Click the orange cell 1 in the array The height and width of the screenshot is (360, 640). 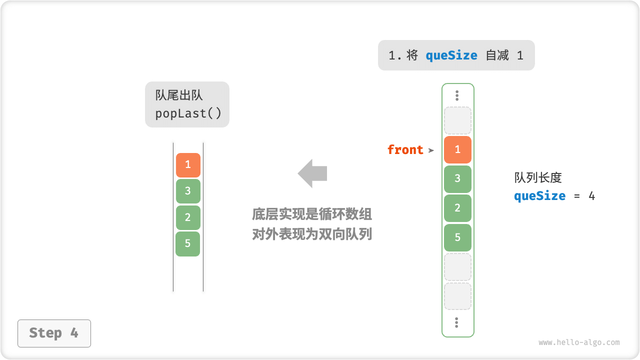click(457, 149)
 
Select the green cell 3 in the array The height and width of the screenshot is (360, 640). click(457, 179)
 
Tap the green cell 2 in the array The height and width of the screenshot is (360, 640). click(457, 208)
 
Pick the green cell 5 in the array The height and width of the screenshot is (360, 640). click(457, 237)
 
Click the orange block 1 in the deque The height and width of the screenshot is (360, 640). click(188, 165)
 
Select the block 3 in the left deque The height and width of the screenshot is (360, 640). click(188, 191)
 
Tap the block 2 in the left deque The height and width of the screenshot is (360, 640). click(188, 217)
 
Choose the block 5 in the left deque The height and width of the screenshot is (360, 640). click(188, 244)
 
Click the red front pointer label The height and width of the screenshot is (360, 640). click(405, 149)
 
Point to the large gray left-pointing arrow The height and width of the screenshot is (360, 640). click(312, 173)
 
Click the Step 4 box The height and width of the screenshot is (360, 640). click(54, 333)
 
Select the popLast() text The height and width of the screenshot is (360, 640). click(188, 113)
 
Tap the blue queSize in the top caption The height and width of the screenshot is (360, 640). click(451, 55)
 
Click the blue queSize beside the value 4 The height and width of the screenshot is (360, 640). click(539, 195)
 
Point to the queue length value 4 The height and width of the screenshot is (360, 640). click(591, 195)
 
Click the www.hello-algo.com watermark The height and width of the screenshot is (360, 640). click(579, 342)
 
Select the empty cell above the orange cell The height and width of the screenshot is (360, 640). click(457, 120)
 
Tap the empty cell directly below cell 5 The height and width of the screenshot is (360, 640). click(457, 267)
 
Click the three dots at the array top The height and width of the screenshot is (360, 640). click(457, 95)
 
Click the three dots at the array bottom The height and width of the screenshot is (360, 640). click(457, 322)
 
